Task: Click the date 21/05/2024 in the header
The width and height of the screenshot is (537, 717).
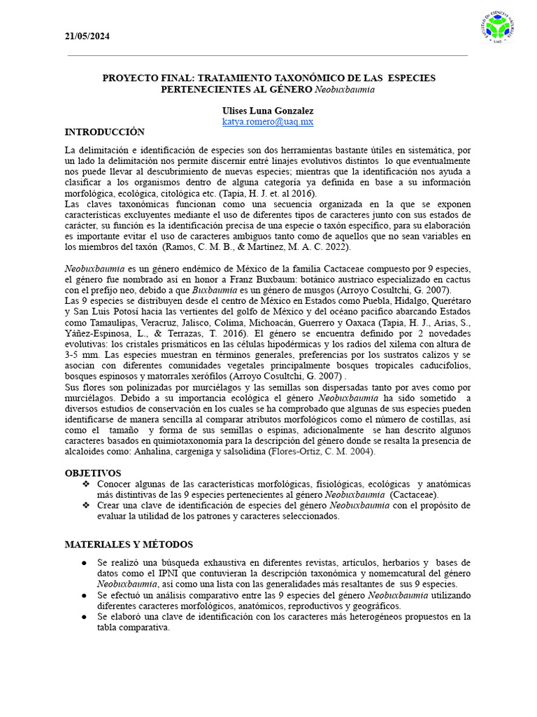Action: click(x=87, y=36)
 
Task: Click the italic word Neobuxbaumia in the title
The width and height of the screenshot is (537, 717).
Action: click(x=345, y=90)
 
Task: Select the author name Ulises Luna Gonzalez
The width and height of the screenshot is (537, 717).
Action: click(x=268, y=111)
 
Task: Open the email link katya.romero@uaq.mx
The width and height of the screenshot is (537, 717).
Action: click(x=268, y=122)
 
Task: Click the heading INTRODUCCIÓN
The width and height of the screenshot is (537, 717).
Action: click(x=105, y=132)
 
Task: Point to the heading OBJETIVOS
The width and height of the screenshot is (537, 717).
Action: click(x=93, y=473)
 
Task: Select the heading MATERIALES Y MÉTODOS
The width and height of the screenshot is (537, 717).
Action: click(x=129, y=545)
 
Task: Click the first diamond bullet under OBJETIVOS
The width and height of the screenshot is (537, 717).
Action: click(x=86, y=485)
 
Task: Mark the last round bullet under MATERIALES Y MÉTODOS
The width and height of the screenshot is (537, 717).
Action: click(x=85, y=617)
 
